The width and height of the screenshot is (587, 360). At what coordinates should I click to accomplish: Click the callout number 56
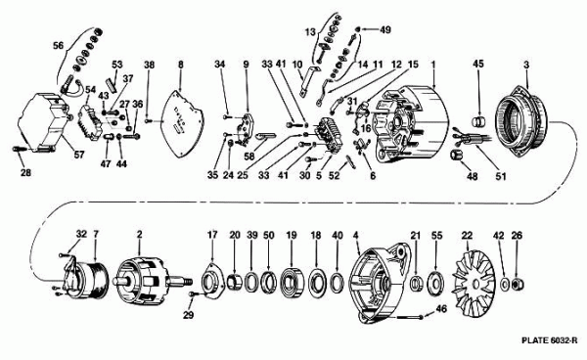(x=58, y=45)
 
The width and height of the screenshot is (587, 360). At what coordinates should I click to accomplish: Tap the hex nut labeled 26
(x=517, y=285)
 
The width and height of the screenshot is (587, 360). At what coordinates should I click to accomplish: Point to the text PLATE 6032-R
(x=549, y=340)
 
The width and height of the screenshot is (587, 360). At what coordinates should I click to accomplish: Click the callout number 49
(x=385, y=29)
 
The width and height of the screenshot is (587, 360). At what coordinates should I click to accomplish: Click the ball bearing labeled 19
(x=293, y=282)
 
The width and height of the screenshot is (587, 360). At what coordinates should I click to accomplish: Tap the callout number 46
(x=442, y=309)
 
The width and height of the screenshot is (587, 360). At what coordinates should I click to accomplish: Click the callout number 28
(x=25, y=173)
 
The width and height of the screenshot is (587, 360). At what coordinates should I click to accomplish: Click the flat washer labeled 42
(x=504, y=284)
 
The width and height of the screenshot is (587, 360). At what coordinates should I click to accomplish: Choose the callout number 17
(x=212, y=235)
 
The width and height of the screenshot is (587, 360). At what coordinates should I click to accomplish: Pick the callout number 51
(x=501, y=176)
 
